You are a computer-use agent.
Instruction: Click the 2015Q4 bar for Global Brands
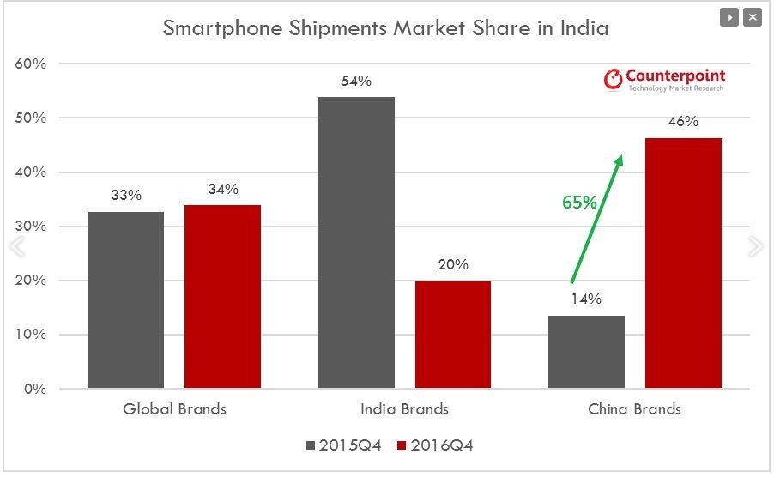[126, 300]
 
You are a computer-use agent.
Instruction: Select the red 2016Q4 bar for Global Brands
[222, 296]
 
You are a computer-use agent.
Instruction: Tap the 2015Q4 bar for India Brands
[356, 243]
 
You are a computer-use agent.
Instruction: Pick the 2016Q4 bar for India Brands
[452, 335]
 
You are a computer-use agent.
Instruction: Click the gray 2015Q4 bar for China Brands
[586, 352]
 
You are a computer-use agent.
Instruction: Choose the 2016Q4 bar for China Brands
[683, 263]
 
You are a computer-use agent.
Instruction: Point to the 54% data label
[356, 82]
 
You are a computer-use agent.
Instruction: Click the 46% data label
[683, 122]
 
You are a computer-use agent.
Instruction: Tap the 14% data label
[586, 300]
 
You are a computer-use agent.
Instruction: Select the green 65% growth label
[579, 203]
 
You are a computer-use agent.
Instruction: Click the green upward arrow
[596, 219]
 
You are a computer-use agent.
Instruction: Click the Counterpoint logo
[664, 80]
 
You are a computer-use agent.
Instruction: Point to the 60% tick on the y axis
[31, 64]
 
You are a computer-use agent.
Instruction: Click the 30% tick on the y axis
[31, 227]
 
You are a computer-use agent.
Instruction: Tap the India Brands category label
[404, 409]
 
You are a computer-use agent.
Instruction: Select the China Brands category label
[634, 409]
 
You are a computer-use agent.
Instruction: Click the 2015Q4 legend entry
[343, 445]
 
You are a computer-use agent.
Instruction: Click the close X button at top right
[753, 17]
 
